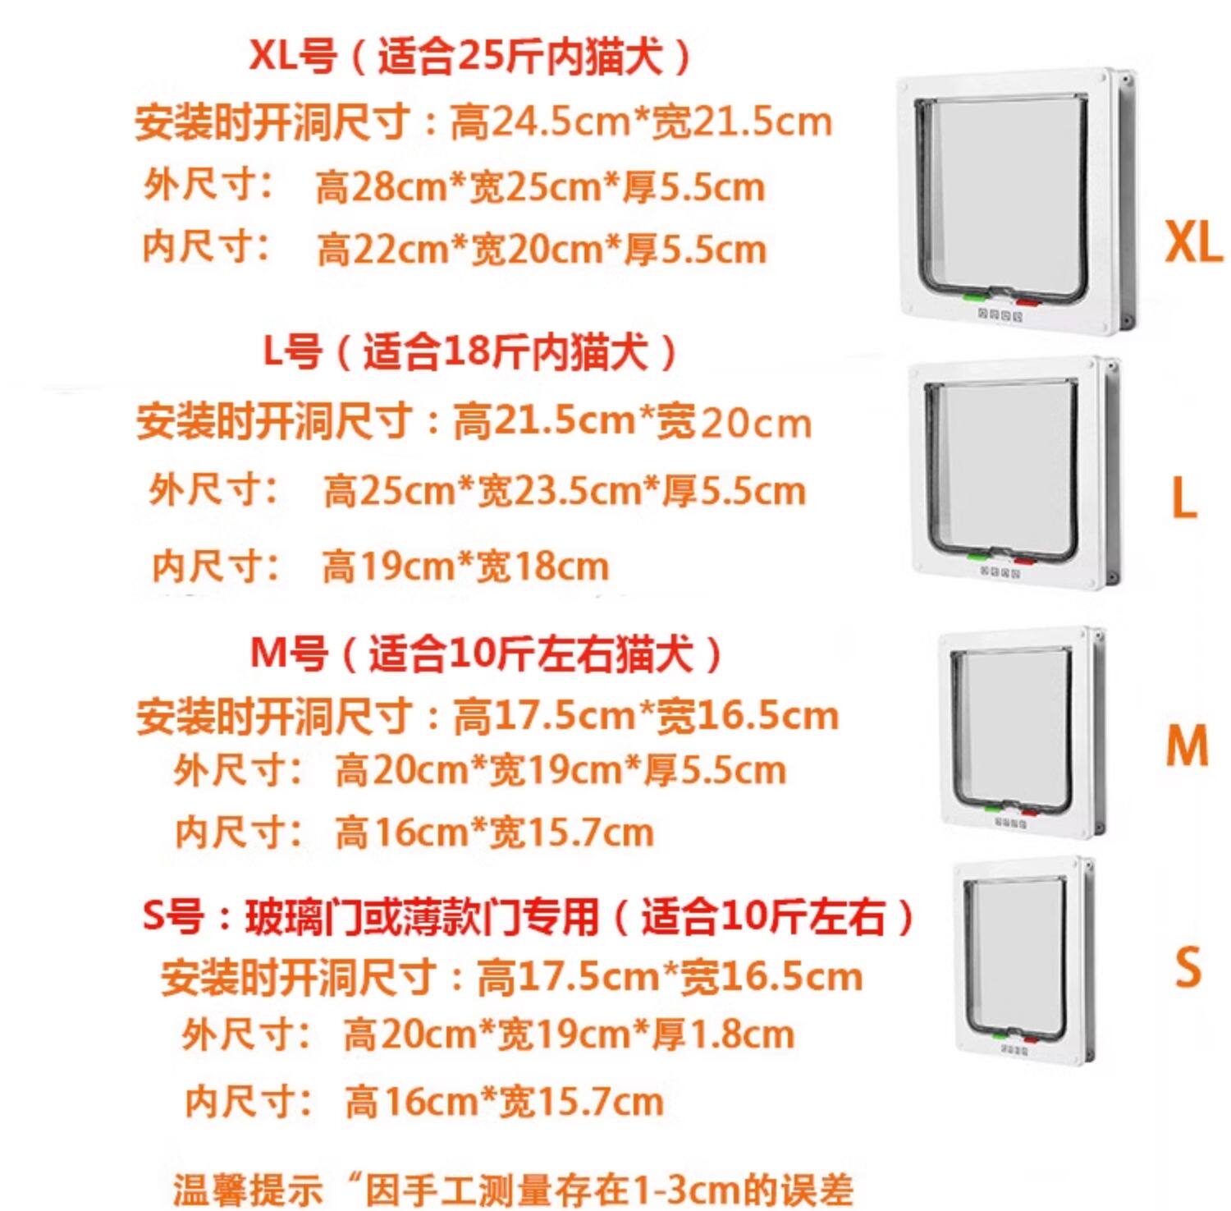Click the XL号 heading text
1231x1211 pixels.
292,57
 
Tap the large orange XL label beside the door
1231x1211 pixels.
1193,242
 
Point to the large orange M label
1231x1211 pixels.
1187,745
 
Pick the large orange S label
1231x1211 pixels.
1188,966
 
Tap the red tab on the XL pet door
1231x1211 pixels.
1027,302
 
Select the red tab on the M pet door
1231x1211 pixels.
1029,813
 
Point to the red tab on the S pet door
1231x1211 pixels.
1030,1039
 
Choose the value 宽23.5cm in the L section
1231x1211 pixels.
559,492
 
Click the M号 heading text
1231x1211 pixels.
288,654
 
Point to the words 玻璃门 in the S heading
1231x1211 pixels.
284,916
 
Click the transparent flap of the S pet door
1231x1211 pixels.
1015,952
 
